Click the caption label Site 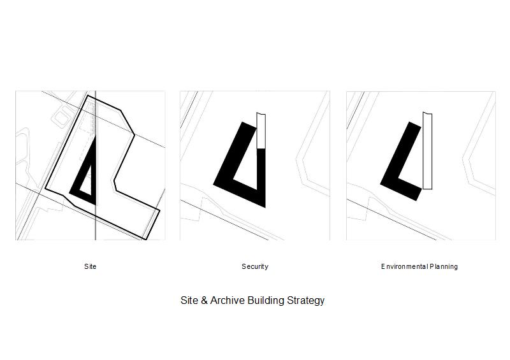[90, 266]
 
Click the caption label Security [255, 266]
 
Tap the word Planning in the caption [444, 267]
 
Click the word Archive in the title [228, 300]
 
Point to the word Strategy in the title [306, 301]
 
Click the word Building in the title [266, 301]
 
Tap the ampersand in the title [204, 300]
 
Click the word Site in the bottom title [189, 300]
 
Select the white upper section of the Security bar [261, 131]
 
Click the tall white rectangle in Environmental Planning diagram [427, 150]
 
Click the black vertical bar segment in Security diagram [261, 177]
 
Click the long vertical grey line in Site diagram [95, 166]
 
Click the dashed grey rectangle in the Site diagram [86, 136]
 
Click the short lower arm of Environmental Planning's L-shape [409, 189]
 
